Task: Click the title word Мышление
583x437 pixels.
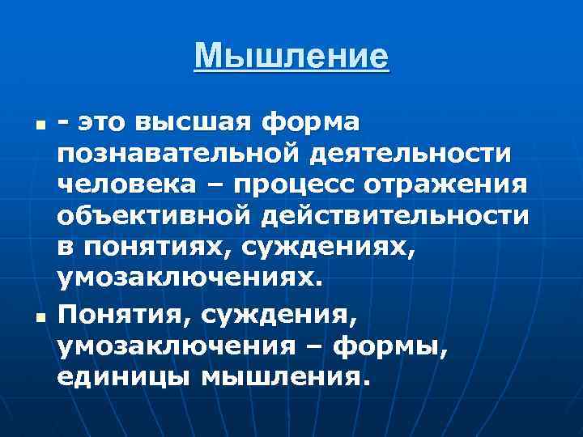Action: (x=291, y=57)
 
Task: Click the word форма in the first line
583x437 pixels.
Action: (x=312, y=123)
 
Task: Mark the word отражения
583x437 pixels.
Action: (x=452, y=185)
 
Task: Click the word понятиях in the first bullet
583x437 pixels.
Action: (x=159, y=247)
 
